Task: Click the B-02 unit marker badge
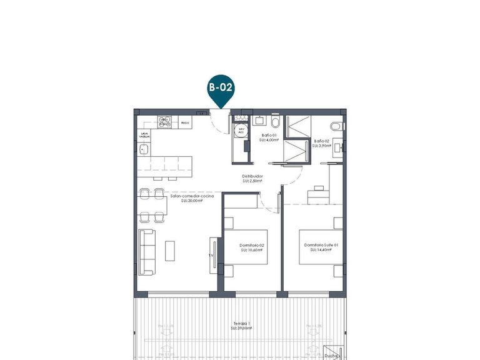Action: pos(220,88)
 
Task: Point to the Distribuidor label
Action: pos(252,177)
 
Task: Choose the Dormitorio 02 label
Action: pos(252,246)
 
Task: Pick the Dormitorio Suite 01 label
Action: pos(321,245)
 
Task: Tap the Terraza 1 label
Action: pos(240,324)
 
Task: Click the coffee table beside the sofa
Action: pos(171,251)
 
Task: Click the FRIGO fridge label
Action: pos(185,124)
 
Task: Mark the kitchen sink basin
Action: pos(144,149)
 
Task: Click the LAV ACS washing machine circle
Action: pos(239,131)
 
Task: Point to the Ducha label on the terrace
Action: pos(331,356)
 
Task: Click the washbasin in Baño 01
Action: pos(275,119)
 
